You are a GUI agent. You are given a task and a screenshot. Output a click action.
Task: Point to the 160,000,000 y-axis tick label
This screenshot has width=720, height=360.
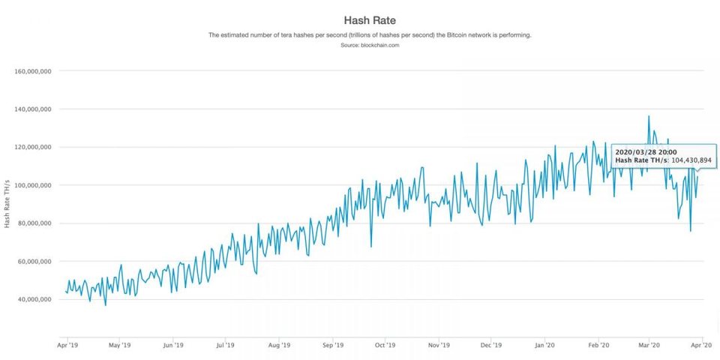(33, 71)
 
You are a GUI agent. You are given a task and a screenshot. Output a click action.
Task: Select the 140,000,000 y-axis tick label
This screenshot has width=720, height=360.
(33, 109)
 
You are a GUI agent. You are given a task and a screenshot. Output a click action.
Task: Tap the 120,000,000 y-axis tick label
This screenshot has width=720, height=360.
(33, 148)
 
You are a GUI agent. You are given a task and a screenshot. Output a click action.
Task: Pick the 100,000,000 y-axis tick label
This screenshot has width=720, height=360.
(33, 185)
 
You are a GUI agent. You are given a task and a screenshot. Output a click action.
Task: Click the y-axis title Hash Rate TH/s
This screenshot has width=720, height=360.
(6, 203)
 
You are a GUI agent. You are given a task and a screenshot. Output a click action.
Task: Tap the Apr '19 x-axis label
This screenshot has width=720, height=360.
(68, 346)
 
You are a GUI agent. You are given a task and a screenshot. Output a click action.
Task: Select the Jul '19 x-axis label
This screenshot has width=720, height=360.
(226, 346)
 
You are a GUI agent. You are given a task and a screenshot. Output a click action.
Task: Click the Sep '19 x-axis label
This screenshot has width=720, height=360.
(333, 346)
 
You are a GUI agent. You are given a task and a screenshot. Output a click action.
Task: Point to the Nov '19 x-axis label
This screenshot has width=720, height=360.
(439, 346)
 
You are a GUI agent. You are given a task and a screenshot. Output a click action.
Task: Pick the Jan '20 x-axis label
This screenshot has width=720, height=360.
(545, 346)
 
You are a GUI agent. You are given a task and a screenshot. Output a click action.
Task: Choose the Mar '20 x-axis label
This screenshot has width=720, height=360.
(649, 346)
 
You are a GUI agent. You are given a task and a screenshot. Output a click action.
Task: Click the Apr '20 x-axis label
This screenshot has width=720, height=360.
(701, 346)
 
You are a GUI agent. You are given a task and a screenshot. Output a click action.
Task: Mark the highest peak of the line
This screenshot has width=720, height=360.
(649, 116)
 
